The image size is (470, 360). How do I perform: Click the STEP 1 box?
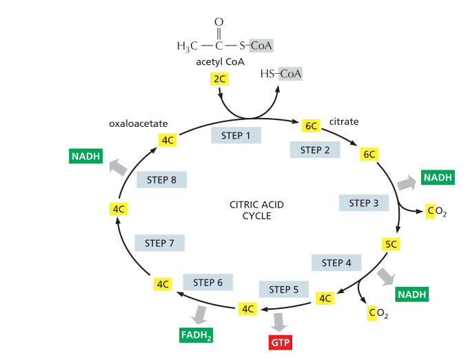(236, 135)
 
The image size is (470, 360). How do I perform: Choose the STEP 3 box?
(364, 203)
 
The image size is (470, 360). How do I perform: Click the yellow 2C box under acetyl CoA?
(220, 79)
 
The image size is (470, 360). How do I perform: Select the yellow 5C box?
(391, 243)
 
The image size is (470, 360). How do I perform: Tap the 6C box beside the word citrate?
(311, 126)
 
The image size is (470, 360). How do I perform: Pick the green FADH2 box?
(196, 336)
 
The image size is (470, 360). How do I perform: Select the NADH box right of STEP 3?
(438, 177)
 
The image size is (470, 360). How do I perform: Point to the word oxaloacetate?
(139, 124)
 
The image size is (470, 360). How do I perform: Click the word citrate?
(344, 122)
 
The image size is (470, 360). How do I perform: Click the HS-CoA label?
(283, 73)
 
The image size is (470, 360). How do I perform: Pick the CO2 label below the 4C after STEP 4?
(378, 314)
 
